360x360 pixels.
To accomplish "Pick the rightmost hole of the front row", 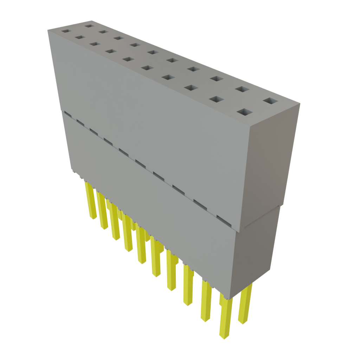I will pyautogui.click(x=245, y=112).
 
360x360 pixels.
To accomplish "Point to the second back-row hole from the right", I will pyautogui.click(x=240, y=89).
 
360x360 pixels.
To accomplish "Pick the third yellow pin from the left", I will pyautogui.click(x=114, y=221).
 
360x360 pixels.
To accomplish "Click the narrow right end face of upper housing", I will pyautogui.click(x=271, y=165).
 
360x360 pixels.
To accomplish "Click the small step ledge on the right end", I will pyautogui.click(x=262, y=218).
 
